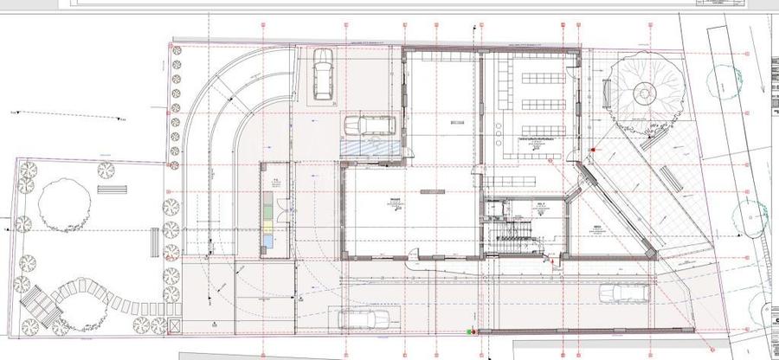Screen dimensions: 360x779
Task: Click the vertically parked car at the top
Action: pyautogui.click(x=322, y=73)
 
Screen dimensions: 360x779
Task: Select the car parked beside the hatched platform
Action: pyautogui.click(x=370, y=125)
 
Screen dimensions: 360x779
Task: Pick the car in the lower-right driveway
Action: pyautogui.click(x=622, y=292)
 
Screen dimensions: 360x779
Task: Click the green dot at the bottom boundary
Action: pyautogui.click(x=470, y=331)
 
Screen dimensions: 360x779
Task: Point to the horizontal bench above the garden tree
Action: pyautogui.click(x=112, y=188)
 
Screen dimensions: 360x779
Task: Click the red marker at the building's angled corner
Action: pyautogui.click(x=592, y=151)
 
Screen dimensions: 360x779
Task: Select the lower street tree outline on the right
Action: pyautogui.click(x=748, y=216)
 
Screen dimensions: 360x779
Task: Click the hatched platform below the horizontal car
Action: pyautogui.click(x=370, y=148)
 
